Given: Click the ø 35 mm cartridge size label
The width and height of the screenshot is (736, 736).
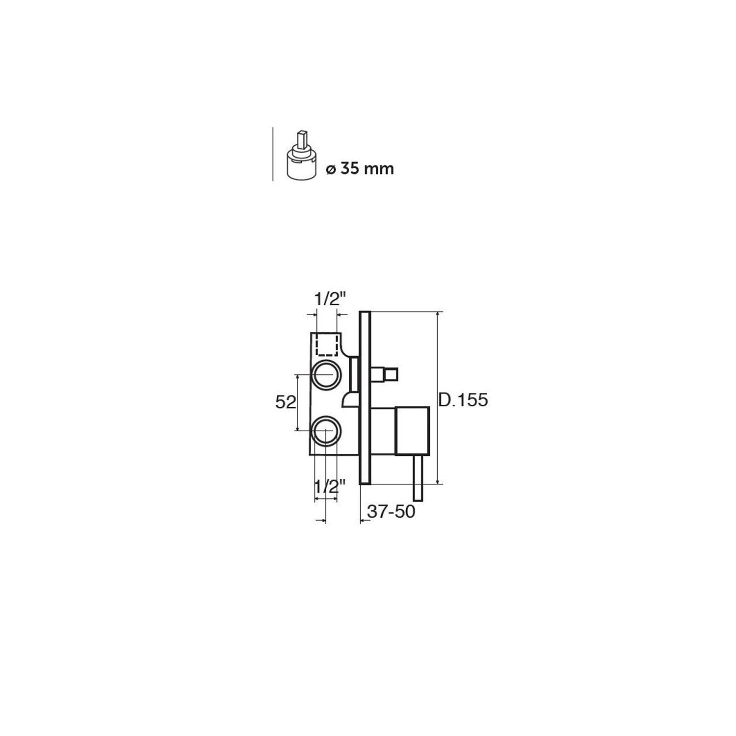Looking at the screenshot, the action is [x=360, y=169].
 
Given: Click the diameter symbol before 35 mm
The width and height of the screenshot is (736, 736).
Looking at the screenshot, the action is [x=330, y=170].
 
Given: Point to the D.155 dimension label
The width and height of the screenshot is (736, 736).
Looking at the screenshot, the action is [x=463, y=400].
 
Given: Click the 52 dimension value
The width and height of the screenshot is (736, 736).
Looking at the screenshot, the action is [x=286, y=402].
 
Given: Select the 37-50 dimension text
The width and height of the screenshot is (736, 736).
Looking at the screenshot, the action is [x=392, y=511].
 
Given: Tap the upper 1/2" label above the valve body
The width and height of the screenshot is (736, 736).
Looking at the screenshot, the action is [x=330, y=299].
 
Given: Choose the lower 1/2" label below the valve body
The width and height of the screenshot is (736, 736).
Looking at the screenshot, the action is [x=330, y=487].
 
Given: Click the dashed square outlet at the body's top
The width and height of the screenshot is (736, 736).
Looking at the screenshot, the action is [x=327, y=344].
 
